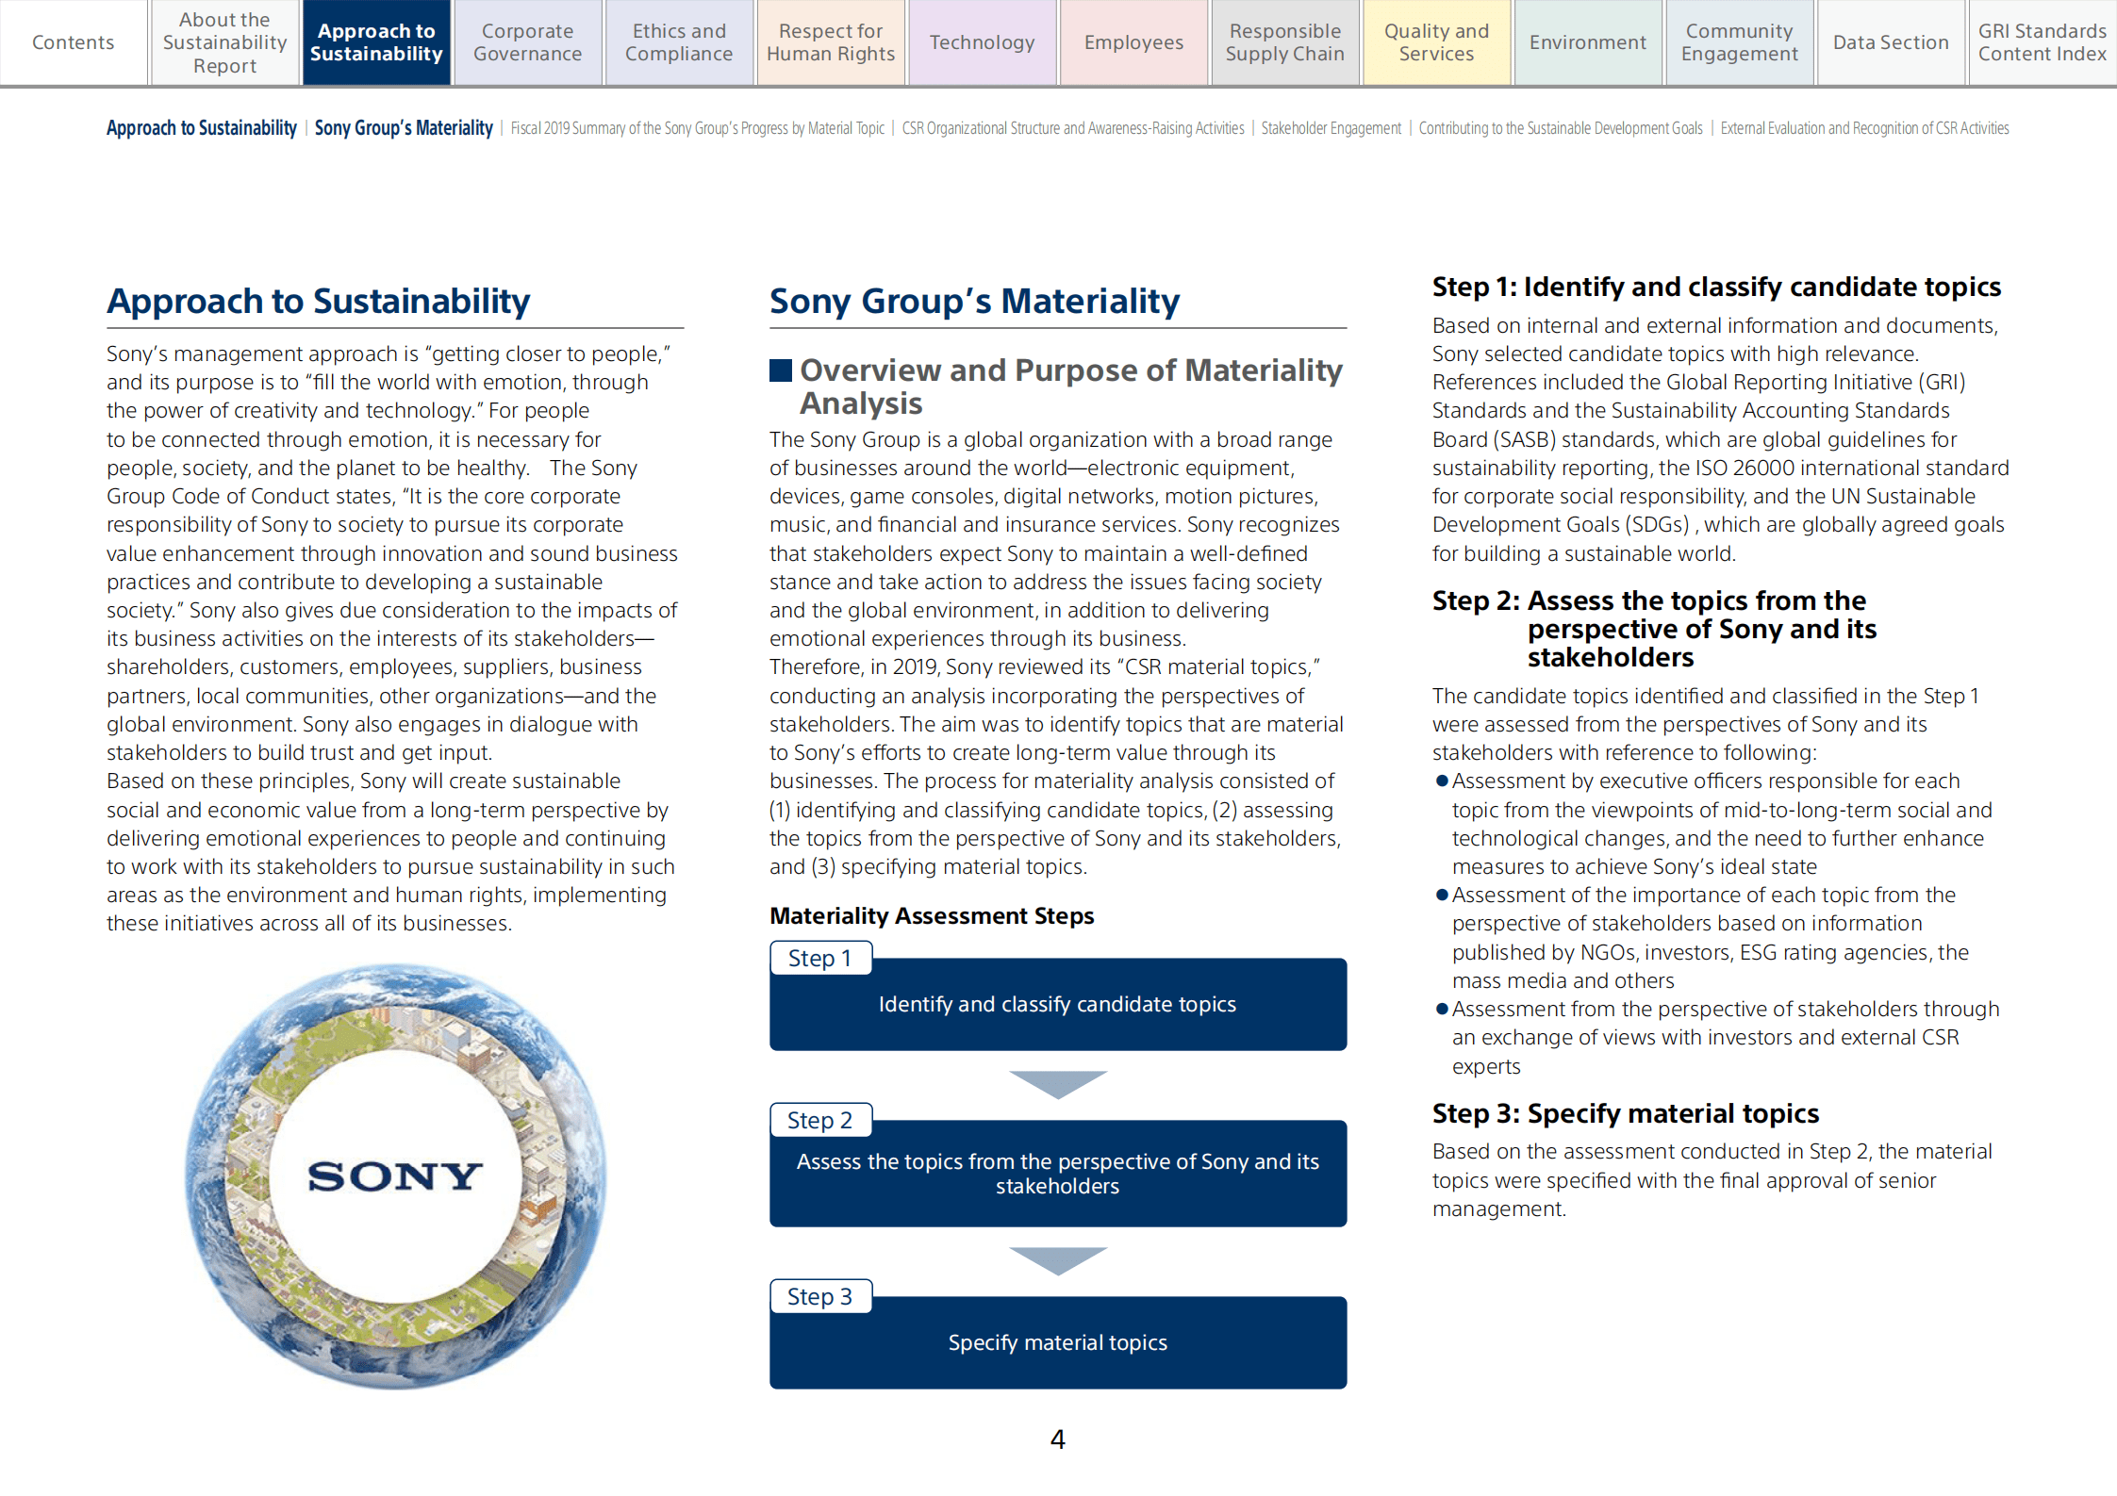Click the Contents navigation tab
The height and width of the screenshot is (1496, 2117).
point(73,42)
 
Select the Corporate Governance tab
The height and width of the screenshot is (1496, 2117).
point(527,42)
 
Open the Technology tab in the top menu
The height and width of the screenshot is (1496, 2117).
point(982,42)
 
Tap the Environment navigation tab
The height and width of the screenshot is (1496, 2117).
point(1587,42)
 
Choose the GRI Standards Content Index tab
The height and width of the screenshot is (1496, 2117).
point(2042,42)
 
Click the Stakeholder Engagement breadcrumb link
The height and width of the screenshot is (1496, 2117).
point(1331,128)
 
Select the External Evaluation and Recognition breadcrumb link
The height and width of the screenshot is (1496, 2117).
point(1863,128)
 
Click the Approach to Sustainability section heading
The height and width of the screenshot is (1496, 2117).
point(318,301)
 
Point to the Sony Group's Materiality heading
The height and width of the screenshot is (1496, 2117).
point(974,301)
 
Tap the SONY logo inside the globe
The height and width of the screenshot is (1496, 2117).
point(395,1175)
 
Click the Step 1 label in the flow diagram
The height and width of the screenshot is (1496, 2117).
point(819,958)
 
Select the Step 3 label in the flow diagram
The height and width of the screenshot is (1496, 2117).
point(819,1296)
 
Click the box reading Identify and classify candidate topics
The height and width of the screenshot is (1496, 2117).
point(1057,1005)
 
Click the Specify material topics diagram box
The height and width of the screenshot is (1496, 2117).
point(1057,1342)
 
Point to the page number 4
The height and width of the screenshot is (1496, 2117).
point(1057,1438)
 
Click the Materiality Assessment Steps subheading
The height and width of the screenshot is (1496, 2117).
point(932,915)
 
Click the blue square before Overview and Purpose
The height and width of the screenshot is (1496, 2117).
point(780,370)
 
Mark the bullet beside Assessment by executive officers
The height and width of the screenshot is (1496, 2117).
point(1441,781)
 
